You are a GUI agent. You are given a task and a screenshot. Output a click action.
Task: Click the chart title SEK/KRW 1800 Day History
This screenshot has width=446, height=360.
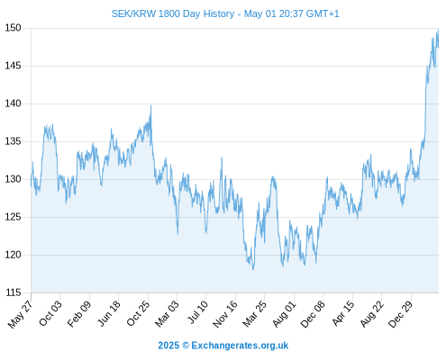coord(173,13)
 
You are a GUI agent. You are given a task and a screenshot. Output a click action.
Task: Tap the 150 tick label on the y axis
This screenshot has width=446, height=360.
coord(14,28)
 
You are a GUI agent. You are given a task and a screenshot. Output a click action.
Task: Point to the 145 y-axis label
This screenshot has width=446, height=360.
coord(14,66)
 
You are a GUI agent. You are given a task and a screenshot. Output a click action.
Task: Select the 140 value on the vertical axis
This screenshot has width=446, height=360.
coord(14,103)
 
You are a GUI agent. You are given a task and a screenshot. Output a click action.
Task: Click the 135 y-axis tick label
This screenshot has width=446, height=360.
coord(14,141)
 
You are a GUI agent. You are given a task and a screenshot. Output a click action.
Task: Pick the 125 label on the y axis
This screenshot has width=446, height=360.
coord(14,217)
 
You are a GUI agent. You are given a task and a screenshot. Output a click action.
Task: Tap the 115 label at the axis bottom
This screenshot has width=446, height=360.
coord(14,292)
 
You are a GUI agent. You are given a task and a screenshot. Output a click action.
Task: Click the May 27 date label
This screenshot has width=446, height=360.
coord(21,314)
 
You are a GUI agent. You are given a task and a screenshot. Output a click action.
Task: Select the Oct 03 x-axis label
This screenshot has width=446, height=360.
coord(50,313)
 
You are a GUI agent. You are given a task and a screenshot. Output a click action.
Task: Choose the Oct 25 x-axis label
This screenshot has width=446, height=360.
coord(138,313)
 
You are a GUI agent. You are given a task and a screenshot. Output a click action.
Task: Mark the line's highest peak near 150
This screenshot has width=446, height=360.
coord(438,30)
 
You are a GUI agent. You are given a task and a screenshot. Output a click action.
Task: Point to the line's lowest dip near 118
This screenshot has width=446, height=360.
coord(253,269)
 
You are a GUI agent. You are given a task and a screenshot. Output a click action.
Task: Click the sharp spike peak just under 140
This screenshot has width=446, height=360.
coord(150,105)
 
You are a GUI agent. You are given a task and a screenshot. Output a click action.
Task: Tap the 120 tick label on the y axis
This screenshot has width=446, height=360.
coord(14,255)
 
